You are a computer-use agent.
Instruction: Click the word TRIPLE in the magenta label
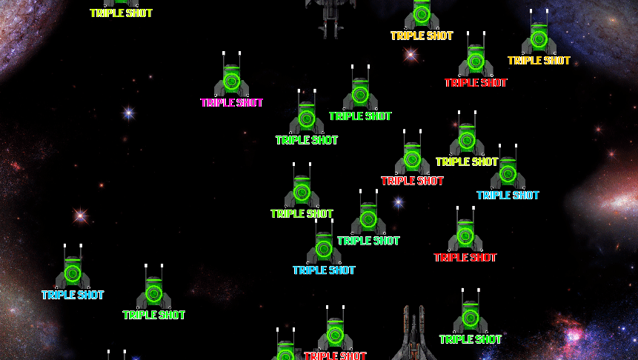tap(218, 102)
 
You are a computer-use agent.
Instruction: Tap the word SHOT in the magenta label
tap(250, 102)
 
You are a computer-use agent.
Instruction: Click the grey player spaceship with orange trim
tap(413, 333)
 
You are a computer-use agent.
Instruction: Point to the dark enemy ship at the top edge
tap(330, 16)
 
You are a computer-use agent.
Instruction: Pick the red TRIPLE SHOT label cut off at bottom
tap(335, 355)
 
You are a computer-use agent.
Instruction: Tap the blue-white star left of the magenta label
tap(129, 113)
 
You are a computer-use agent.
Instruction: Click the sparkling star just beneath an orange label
tap(411, 54)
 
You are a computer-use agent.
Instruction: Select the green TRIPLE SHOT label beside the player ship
tap(471, 339)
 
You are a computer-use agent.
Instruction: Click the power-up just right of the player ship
tap(471, 311)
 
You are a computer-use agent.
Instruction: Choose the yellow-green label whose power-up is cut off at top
tap(122, 13)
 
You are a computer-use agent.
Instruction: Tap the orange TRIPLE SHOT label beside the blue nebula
tap(539, 61)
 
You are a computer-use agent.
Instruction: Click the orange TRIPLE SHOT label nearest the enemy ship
tap(422, 36)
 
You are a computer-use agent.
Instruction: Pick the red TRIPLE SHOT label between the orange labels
tap(476, 83)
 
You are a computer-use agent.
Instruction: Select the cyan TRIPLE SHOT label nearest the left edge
tap(73, 295)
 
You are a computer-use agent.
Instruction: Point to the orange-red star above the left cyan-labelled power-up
tap(80, 216)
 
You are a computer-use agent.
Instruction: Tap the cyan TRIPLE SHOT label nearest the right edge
tap(508, 196)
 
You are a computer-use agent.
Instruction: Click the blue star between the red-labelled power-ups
tap(399, 202)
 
